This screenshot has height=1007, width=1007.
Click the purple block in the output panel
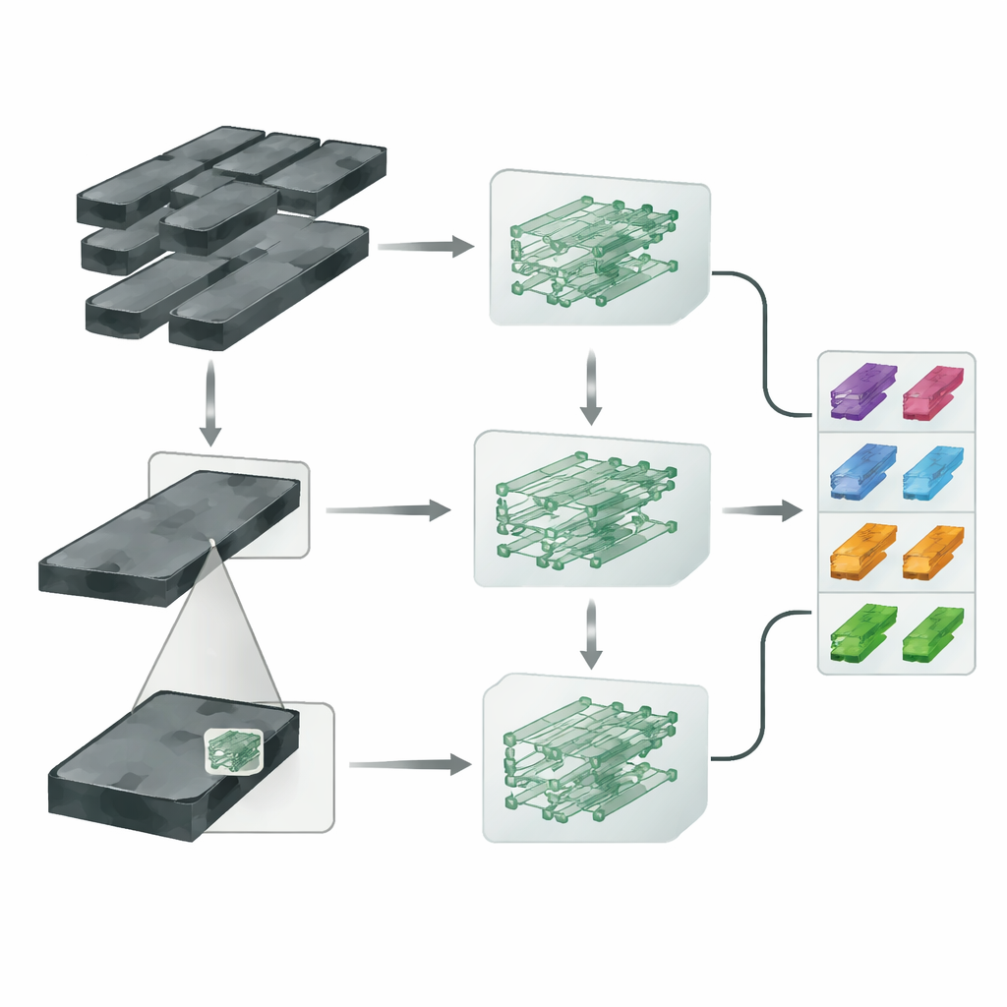tap(862, 389)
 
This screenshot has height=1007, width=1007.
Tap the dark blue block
tap(862, 470)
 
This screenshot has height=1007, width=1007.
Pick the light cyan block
tap(932, 471)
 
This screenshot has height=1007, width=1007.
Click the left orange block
tap(862, 551)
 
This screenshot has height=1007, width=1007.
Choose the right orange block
tap(932, 551)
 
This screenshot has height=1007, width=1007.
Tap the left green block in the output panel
tap(862, 632)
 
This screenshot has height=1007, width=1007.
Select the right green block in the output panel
tap(932, 632)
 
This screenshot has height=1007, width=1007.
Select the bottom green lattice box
tap(593, 757)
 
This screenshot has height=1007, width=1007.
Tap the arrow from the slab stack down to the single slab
tap(208, 403)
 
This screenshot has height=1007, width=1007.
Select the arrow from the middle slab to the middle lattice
tap(387, 509)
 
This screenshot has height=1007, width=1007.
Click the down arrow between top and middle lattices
tap(590, 388)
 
